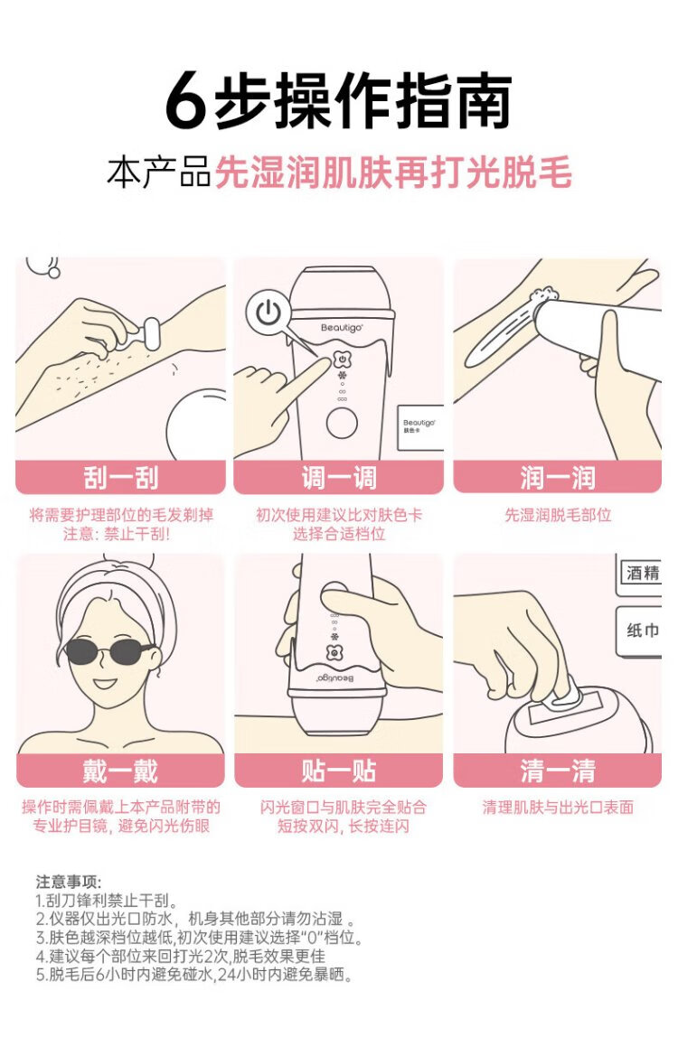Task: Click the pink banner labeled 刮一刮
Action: click(120, 477)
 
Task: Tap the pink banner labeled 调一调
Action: click(338, 477)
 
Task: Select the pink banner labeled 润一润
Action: click(557, 477)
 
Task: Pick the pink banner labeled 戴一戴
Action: click(120, 771)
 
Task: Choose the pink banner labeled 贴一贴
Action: click(338, 771)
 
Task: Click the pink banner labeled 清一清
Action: click(557, 771)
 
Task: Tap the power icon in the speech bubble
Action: click(268, 313)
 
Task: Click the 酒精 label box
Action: click(639, 572)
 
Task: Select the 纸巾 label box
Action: click(639, 631)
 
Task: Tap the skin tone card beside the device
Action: click(419, 426)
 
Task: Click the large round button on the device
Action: click(342, 423)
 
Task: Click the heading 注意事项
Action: click(68, 882)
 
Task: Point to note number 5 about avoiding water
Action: click(194, 975)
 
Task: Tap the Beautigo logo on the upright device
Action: click(342, 328)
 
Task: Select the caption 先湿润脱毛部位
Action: click(558, 515)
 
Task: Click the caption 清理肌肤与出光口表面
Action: click(558, 807)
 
